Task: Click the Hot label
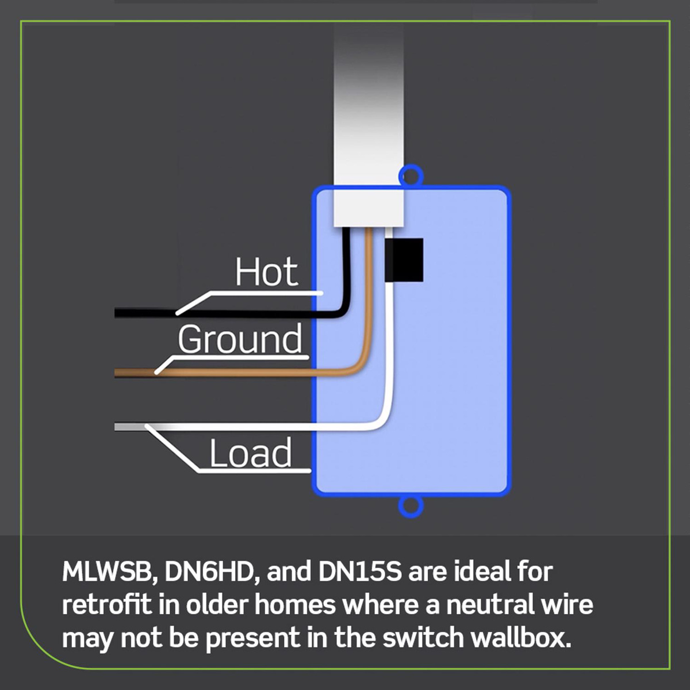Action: [266, 273]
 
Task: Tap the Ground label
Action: [239, 339]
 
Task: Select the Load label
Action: [250, 453]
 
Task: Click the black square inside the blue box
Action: [404, 260]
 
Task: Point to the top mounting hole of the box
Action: [411, 175]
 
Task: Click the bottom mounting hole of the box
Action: [411, 506]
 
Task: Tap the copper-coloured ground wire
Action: [230, 372]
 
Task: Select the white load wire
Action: [259, 427]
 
